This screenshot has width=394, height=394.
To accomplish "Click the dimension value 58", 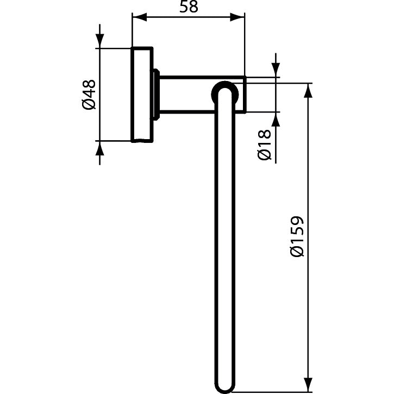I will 188,7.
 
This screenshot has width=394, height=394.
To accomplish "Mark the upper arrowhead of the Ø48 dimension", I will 99,40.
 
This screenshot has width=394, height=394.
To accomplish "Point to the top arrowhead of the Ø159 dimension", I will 309,91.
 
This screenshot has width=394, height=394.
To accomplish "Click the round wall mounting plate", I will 142,95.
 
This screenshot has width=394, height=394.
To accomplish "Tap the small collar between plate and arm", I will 156,95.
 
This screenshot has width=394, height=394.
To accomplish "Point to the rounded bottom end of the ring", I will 224,387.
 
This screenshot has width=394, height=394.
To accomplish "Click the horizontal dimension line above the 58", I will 188,17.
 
